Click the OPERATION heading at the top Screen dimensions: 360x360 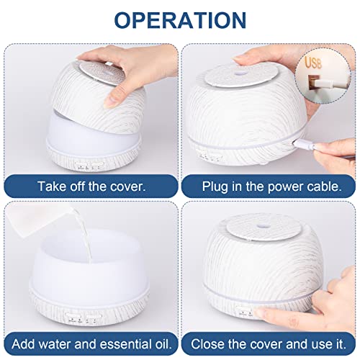tap(179, 20)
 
